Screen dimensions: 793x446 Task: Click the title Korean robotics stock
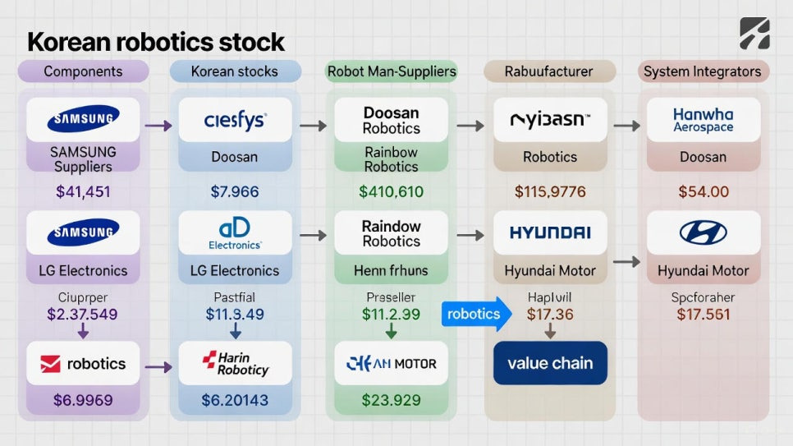click(x=156, y=41)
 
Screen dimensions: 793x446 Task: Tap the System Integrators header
click(x=702, y=71)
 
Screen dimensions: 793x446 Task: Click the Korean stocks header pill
click(x=234, y=71)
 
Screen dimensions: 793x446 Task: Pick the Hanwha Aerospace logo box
click(x=703, y=120)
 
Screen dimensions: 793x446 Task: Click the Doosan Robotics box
click(x=391, y=120)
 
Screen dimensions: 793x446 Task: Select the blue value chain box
click(x=550, y=363)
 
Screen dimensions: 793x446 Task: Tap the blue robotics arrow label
click(x=475, y=314)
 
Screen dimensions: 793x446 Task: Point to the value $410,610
click(x=391, y=192)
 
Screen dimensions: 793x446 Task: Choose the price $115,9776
click(x=550, y=192)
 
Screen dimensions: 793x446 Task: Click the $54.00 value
click(x=703, y=192)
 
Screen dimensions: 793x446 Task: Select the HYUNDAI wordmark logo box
click(x=550, y=232)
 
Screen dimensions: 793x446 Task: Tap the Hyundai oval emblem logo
click(x=703, y=232)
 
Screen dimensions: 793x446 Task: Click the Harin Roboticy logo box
click(x=235, y=364)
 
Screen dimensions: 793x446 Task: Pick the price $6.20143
click(x=235, y=401)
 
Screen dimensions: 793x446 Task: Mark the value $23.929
click(x=391, y=401)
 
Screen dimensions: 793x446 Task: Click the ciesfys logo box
click(x=235, y=121)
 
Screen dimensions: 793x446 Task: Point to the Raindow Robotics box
click(x=391, y=233)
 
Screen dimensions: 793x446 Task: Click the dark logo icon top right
click(x=754, y=34)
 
